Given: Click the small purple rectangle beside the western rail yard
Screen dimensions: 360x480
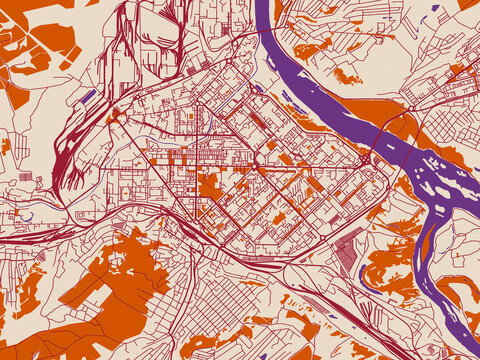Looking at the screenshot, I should tap(89, 97).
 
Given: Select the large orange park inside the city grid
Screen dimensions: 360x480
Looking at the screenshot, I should tap(209, 186).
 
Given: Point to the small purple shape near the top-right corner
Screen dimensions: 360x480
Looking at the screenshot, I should tap(435, 8).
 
